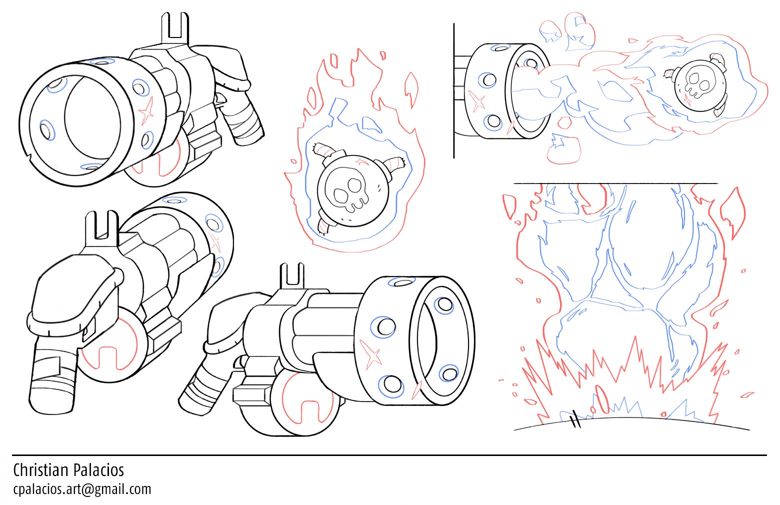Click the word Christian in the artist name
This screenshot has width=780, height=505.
(41, 470)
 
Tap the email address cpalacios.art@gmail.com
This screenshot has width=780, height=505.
(82, 489)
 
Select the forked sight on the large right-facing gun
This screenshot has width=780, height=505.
(292, 277)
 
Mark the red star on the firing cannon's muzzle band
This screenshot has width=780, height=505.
(476, 101)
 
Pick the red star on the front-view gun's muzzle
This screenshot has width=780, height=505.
(146, 111)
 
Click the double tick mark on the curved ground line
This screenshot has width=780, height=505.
(576, 420)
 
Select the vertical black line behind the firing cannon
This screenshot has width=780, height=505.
(454, 90)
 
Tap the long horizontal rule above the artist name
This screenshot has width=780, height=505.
(389, 455)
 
